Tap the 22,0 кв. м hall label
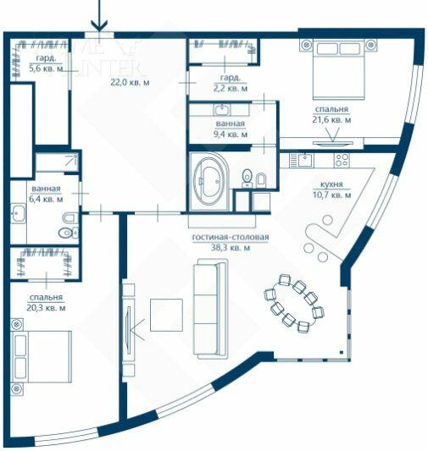point(129,82)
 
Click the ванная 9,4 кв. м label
point(231,129)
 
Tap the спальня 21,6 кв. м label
point(330,115)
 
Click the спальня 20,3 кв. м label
point(46,302)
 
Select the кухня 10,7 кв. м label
point(331,190)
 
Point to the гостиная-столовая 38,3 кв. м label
point(230,243)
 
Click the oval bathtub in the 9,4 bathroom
point(209,180)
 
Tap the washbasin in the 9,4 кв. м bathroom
point(222,110)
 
